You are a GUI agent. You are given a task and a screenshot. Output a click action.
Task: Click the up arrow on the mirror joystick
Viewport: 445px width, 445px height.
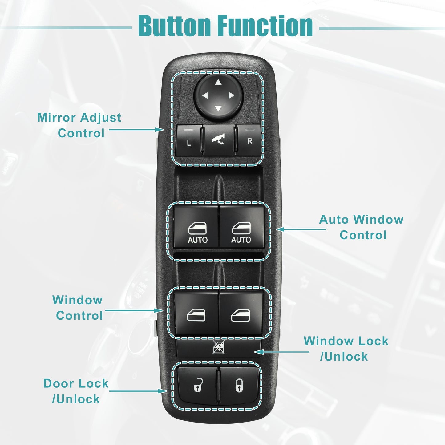(218, 82)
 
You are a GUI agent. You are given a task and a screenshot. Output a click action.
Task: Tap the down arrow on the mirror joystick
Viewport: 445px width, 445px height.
(218, 108)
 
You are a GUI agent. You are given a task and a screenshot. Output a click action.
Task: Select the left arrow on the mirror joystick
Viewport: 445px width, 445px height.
(205, 95)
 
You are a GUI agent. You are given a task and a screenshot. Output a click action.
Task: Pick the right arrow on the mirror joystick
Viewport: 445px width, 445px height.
(231, 95)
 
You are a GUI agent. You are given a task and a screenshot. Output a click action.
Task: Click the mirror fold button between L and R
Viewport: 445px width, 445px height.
(219, 140)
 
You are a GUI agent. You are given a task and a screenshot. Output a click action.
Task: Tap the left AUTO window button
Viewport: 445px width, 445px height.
(196, 227)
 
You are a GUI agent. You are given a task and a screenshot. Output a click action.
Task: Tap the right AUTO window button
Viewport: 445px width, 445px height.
(241, 226)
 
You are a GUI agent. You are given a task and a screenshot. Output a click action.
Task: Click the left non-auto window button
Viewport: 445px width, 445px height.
(196, 312)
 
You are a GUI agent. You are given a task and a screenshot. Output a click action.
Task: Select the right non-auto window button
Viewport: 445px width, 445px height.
(241, 312)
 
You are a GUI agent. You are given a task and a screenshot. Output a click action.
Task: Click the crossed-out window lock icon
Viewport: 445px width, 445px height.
(218, 347)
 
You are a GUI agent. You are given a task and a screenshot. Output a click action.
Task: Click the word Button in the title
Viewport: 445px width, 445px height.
(174, 26)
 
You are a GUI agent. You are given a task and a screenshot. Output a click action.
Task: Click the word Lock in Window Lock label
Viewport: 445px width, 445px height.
(372, 341)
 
